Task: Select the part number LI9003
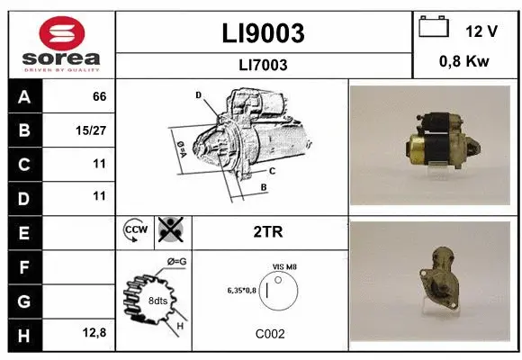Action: [x=263, y=33]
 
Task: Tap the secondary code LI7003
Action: [x=263, y=65]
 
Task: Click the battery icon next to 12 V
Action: [x=434, y=28]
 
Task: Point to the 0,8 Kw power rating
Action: [x=464, y=61]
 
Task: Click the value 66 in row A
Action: [x=99, y=96]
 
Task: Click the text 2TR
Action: [x=269, y=231]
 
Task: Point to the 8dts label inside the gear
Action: [x=157, y=300]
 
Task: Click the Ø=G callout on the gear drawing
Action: [x=176, y=261]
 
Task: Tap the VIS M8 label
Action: [x=284, y=267]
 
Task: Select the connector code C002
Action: [x=269, y=333]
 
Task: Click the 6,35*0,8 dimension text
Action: [x=242, y=290]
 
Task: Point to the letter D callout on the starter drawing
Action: [x=198, y=94]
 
